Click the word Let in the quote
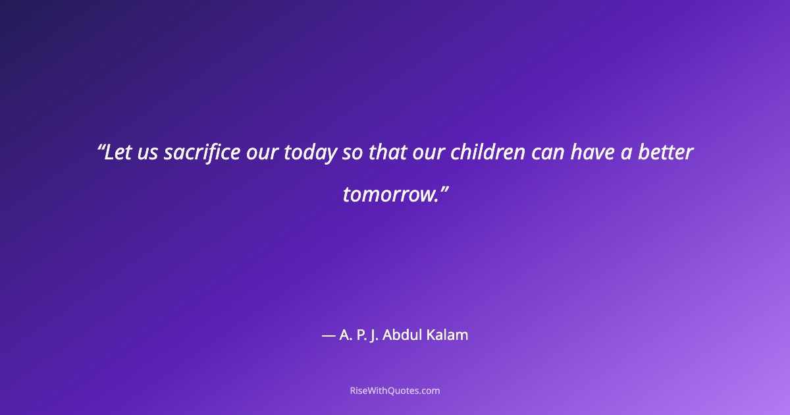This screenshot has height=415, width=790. coord(119,153)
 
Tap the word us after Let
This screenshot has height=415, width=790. coord(148,153)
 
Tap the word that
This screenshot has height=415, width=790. coord(386,153)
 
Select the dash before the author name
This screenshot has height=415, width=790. coord(328,335)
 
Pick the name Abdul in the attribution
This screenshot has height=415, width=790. coord(404,335)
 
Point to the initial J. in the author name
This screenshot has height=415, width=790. coord(375,335)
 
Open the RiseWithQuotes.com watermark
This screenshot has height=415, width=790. coord(395,391)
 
